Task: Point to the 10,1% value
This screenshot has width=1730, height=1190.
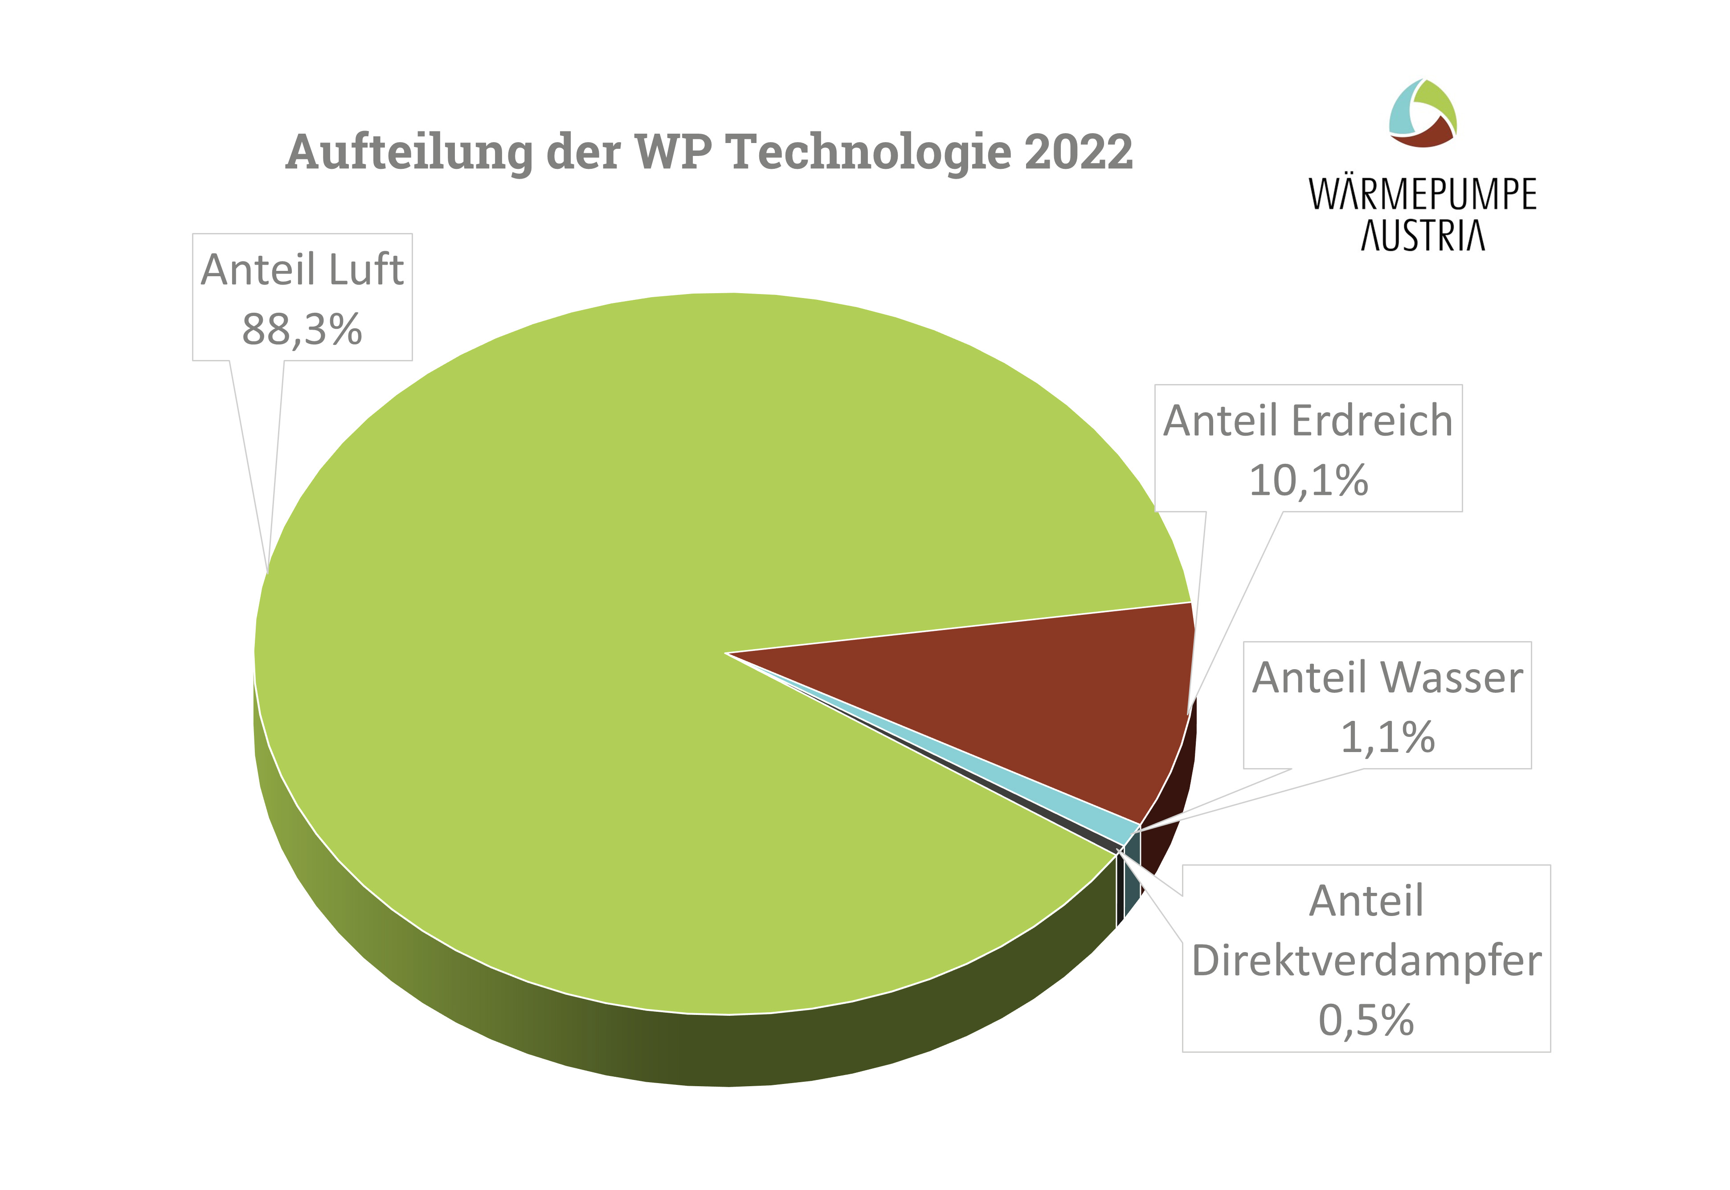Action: coord(1308,480)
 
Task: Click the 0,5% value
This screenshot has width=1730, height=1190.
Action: coord(1366,1020)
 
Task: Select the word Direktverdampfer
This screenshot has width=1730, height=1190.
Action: coord(1366,961)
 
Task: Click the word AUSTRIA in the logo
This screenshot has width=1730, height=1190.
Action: coord(1423,236)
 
